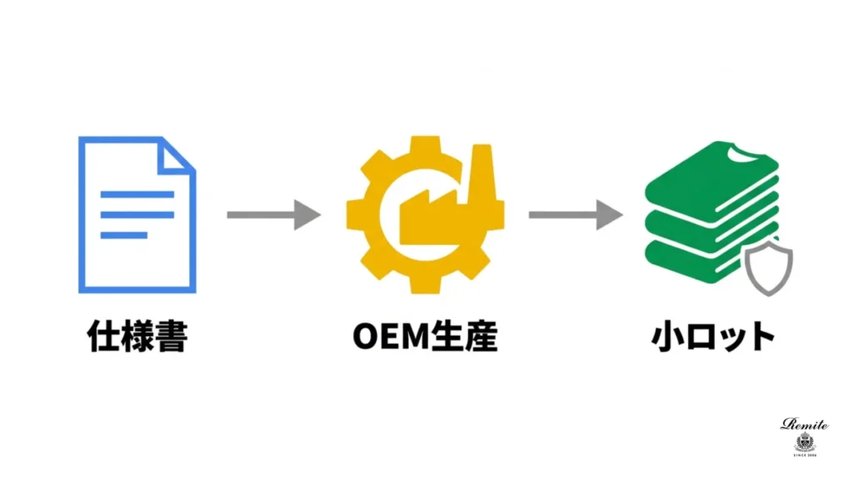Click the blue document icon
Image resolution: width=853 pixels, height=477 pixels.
click(x=137, y=215)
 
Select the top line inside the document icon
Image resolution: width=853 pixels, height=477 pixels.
click(x=137, y=194)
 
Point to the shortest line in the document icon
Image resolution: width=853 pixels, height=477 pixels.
click(x=123, y=235)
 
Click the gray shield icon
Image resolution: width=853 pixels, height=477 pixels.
click(x=766, y=269)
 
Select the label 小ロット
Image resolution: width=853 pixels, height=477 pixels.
click(x=711, y=338)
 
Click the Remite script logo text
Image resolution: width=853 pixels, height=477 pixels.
click(x=805, y=424)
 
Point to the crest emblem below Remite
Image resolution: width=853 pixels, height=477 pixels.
click(x=805, y=442)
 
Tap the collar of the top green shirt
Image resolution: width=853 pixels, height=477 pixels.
click(x=736, y=153)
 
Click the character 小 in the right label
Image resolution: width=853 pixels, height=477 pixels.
click(x=666, y=338)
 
